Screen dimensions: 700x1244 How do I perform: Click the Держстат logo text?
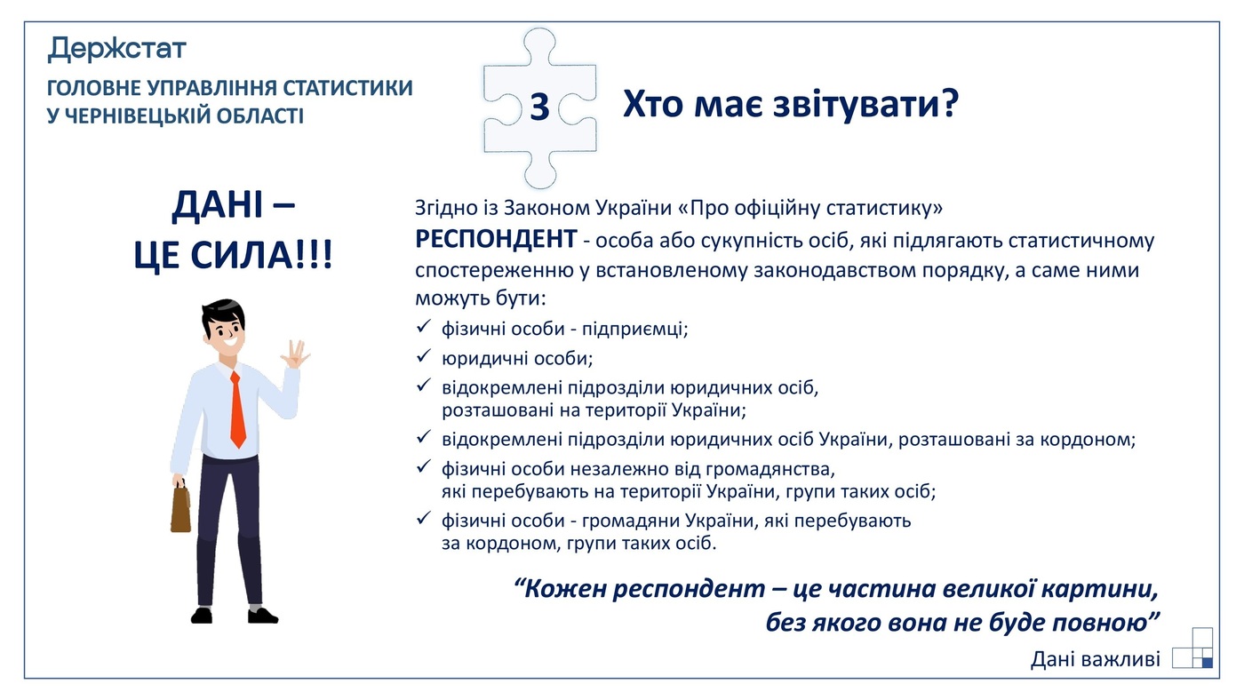[x=116, y=48]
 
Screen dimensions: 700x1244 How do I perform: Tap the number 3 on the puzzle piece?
[x=539, y=107]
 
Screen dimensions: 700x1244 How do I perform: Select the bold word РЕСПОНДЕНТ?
[x=495, y=240]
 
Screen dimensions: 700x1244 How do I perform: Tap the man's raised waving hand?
[x=294, y=354]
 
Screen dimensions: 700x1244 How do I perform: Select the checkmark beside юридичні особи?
[x=424, y=358]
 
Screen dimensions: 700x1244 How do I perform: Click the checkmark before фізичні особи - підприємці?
[x=424, y=328]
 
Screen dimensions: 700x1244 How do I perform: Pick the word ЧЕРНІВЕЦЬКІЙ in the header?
[x=140, y=116]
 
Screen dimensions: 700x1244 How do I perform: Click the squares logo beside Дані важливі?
[x=1193, y=648]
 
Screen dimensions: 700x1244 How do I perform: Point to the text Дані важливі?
[x=1096, y=659]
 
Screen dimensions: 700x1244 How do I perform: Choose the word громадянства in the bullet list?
[x=772, y=467]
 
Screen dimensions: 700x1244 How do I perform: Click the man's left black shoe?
[x=202, y=614]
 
